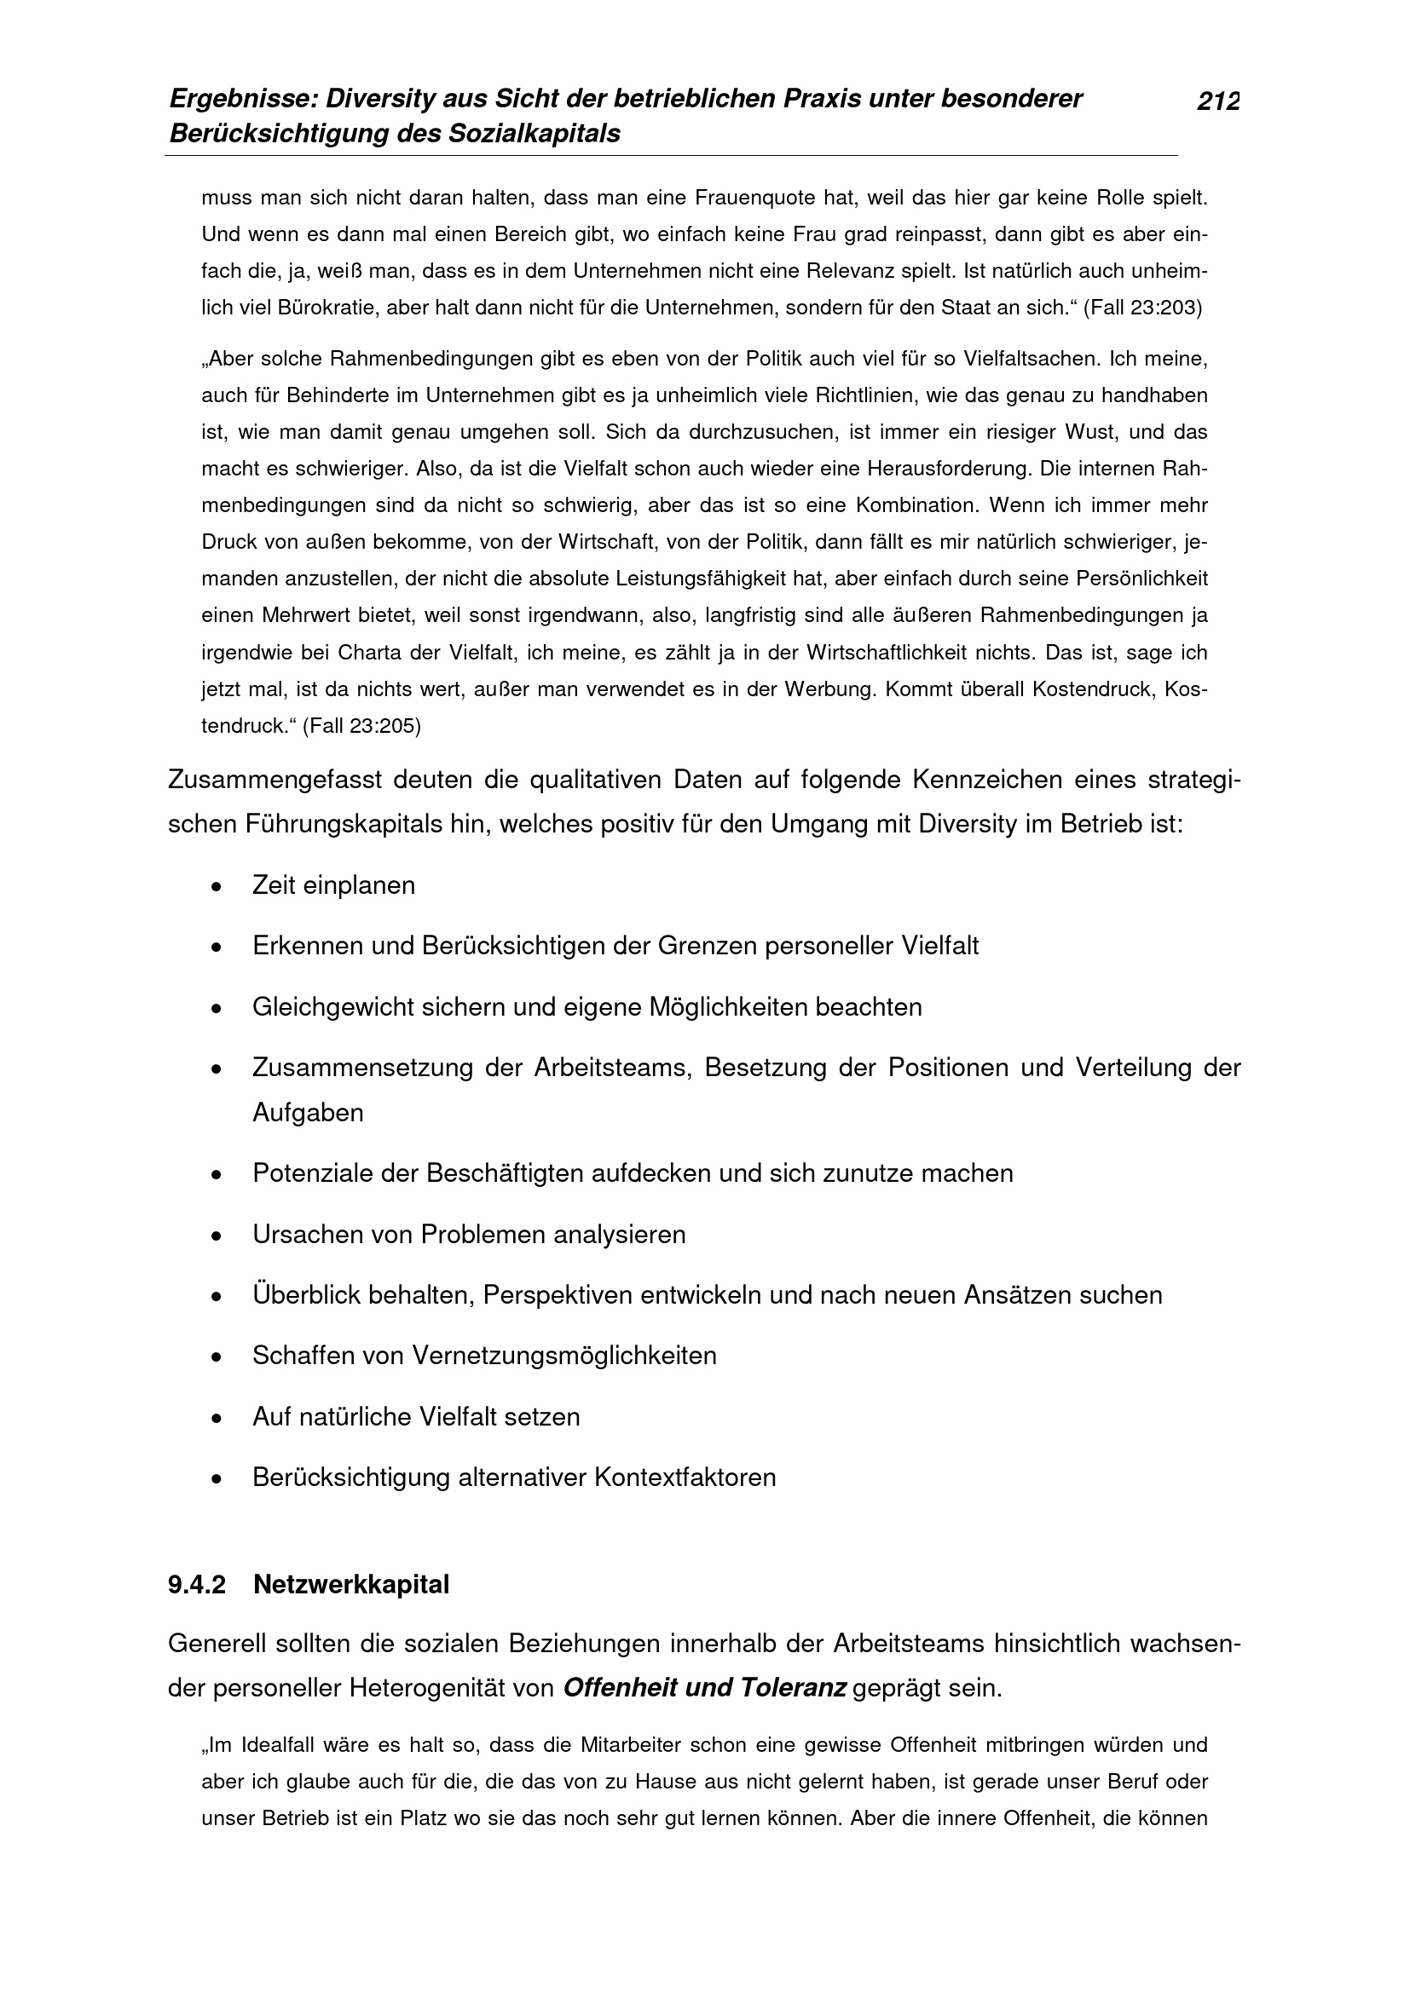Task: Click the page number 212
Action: (1218, 101)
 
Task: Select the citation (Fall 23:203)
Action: (1142, 309)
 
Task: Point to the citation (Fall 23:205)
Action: (361, 727)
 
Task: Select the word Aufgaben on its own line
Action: (308, 1112)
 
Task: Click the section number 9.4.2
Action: (197, 1585)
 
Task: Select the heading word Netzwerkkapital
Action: (350, 1585)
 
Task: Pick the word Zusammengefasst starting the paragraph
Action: (274, 780)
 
